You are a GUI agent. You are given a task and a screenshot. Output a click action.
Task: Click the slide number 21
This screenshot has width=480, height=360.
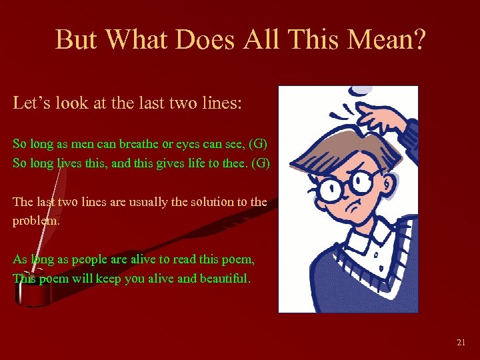coord(461,342)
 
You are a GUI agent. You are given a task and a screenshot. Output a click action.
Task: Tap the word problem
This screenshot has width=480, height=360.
coord(36,221)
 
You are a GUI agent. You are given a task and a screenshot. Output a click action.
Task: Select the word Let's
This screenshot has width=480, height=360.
coord(32,104)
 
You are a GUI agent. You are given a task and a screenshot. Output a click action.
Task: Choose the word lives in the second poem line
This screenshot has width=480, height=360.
coord(62,163)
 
